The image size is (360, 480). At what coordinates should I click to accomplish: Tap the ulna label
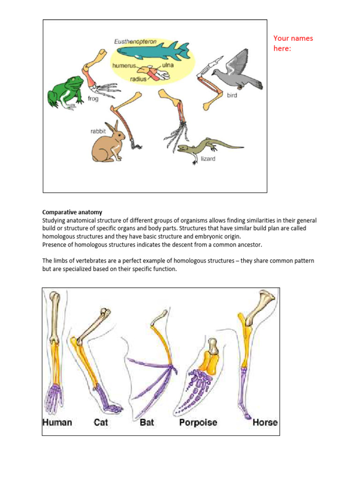168,65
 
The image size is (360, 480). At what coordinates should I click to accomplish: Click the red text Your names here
292,43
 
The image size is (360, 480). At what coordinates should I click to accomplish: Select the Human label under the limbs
57,422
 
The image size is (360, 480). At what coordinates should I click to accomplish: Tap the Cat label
101,422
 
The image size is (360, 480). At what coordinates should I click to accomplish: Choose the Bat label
147,422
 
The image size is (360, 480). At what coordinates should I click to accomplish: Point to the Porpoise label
198,422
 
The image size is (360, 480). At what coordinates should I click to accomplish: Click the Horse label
265,422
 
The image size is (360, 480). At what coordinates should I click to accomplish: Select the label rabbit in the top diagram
98,132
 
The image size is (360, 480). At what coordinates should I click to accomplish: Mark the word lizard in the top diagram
208,159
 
